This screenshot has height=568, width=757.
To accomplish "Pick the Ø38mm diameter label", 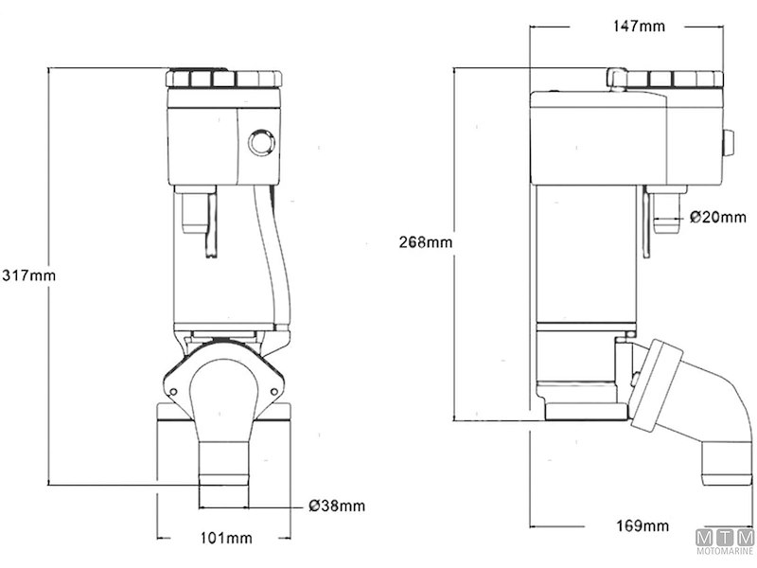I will [x=336, y=506].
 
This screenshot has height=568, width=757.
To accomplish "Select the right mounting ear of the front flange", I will [x=277, y=383].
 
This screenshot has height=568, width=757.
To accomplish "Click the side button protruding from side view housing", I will [x=729, y=144].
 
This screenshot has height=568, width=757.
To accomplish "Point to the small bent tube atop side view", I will [x=616, y=76].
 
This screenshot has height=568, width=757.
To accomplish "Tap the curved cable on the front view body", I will [x=282, y=256].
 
